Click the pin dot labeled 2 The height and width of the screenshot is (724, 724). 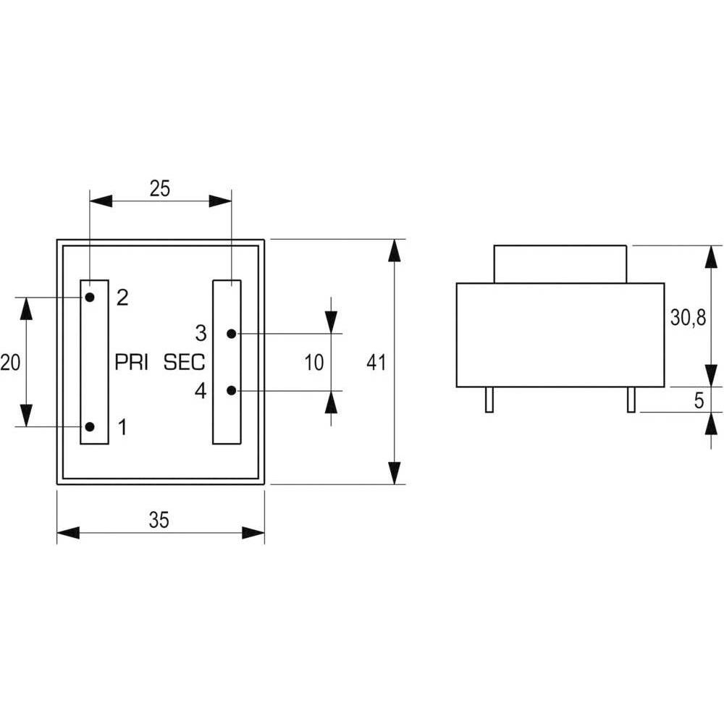90,297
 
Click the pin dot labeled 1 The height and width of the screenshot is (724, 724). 90,426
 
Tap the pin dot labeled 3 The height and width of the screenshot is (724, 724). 232,333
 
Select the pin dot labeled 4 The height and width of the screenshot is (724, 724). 232,391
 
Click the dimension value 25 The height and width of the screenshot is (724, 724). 160,188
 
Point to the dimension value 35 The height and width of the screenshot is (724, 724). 159,520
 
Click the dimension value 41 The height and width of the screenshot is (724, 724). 376,363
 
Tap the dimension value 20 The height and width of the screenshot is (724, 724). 10,363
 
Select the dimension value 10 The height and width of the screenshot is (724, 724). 314,363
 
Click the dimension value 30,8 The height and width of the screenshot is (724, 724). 688,318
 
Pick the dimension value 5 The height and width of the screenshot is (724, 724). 699,400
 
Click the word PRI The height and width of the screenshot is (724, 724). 131,363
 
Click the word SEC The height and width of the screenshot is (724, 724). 184,363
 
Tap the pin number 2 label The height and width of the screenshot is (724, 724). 122,298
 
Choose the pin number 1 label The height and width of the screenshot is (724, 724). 122,427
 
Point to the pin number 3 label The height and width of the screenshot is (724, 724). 201,333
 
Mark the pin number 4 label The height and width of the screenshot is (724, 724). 201,391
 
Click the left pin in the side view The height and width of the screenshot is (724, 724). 489,400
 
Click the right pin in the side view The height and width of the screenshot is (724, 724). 631,400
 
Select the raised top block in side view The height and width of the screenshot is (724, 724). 560,264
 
